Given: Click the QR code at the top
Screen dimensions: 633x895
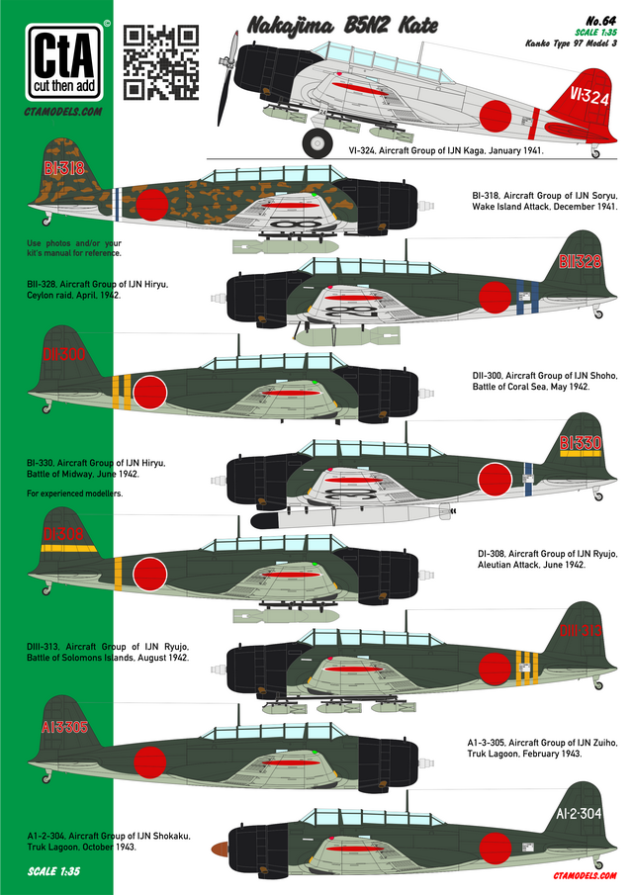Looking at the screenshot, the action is [x=161, y=62].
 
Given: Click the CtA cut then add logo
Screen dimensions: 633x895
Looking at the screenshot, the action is [x=64, y=62].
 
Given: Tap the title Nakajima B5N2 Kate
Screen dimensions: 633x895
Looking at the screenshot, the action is [x=342, y=26].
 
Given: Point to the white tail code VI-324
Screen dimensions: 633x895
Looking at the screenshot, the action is [x=589, y=96].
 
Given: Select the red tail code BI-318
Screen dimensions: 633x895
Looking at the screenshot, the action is [x=64, y=168].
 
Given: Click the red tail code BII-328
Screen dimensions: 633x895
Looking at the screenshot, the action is [x=580, y=261].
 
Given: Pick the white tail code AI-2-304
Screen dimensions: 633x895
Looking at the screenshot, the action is [x=579, y=813].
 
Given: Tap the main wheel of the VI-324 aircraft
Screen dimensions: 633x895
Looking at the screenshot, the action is [x=317, y=142].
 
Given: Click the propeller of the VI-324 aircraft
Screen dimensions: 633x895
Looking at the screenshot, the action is [x=227, y=78].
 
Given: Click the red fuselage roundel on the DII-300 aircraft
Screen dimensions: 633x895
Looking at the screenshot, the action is [x=150, y=393].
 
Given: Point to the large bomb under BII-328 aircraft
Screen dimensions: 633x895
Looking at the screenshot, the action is [x=348, y=335].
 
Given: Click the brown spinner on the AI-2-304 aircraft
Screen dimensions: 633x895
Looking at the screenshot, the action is [x=221, y=849].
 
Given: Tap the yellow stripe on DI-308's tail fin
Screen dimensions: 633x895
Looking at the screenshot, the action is [x=67, y=549].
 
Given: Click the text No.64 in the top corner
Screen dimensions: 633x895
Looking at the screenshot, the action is [x=601, y=21].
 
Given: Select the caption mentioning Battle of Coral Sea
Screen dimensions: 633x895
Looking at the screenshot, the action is [x=545, y=381].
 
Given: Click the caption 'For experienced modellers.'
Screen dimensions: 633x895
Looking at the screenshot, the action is [x=75, y=493].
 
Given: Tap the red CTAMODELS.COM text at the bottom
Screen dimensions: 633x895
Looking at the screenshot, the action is [x=585, y=875].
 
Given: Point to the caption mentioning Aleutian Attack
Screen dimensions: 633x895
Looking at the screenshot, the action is [x=547, y=559].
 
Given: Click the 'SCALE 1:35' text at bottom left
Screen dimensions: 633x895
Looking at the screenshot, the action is [x=53, y=871].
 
